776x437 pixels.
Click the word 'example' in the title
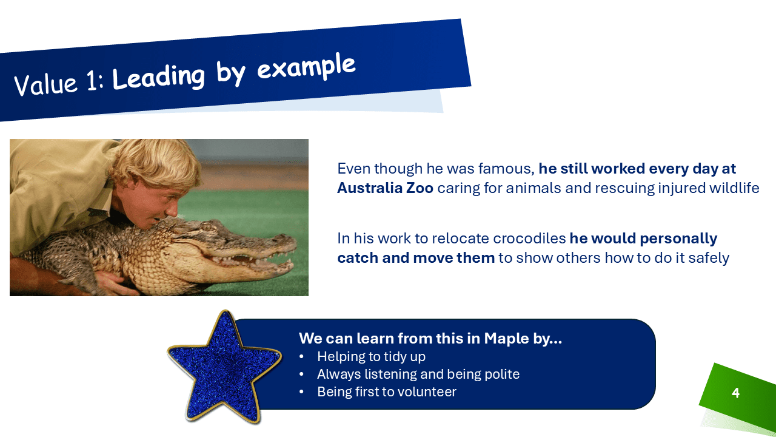click(x=306, y=67)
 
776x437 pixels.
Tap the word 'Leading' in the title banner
click(x=158, y=78)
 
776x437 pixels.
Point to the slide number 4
click(x=735, y=393)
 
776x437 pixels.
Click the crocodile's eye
click(x=207, y=228)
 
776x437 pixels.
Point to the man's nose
click(x=172, y=209)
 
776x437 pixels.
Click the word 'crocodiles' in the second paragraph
click(x=529, y=239)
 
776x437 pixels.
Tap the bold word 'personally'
click(x=678, y=239)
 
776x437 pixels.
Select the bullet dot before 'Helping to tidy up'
click(x=301, y=357)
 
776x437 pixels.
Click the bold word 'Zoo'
click(x=420, y=188)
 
